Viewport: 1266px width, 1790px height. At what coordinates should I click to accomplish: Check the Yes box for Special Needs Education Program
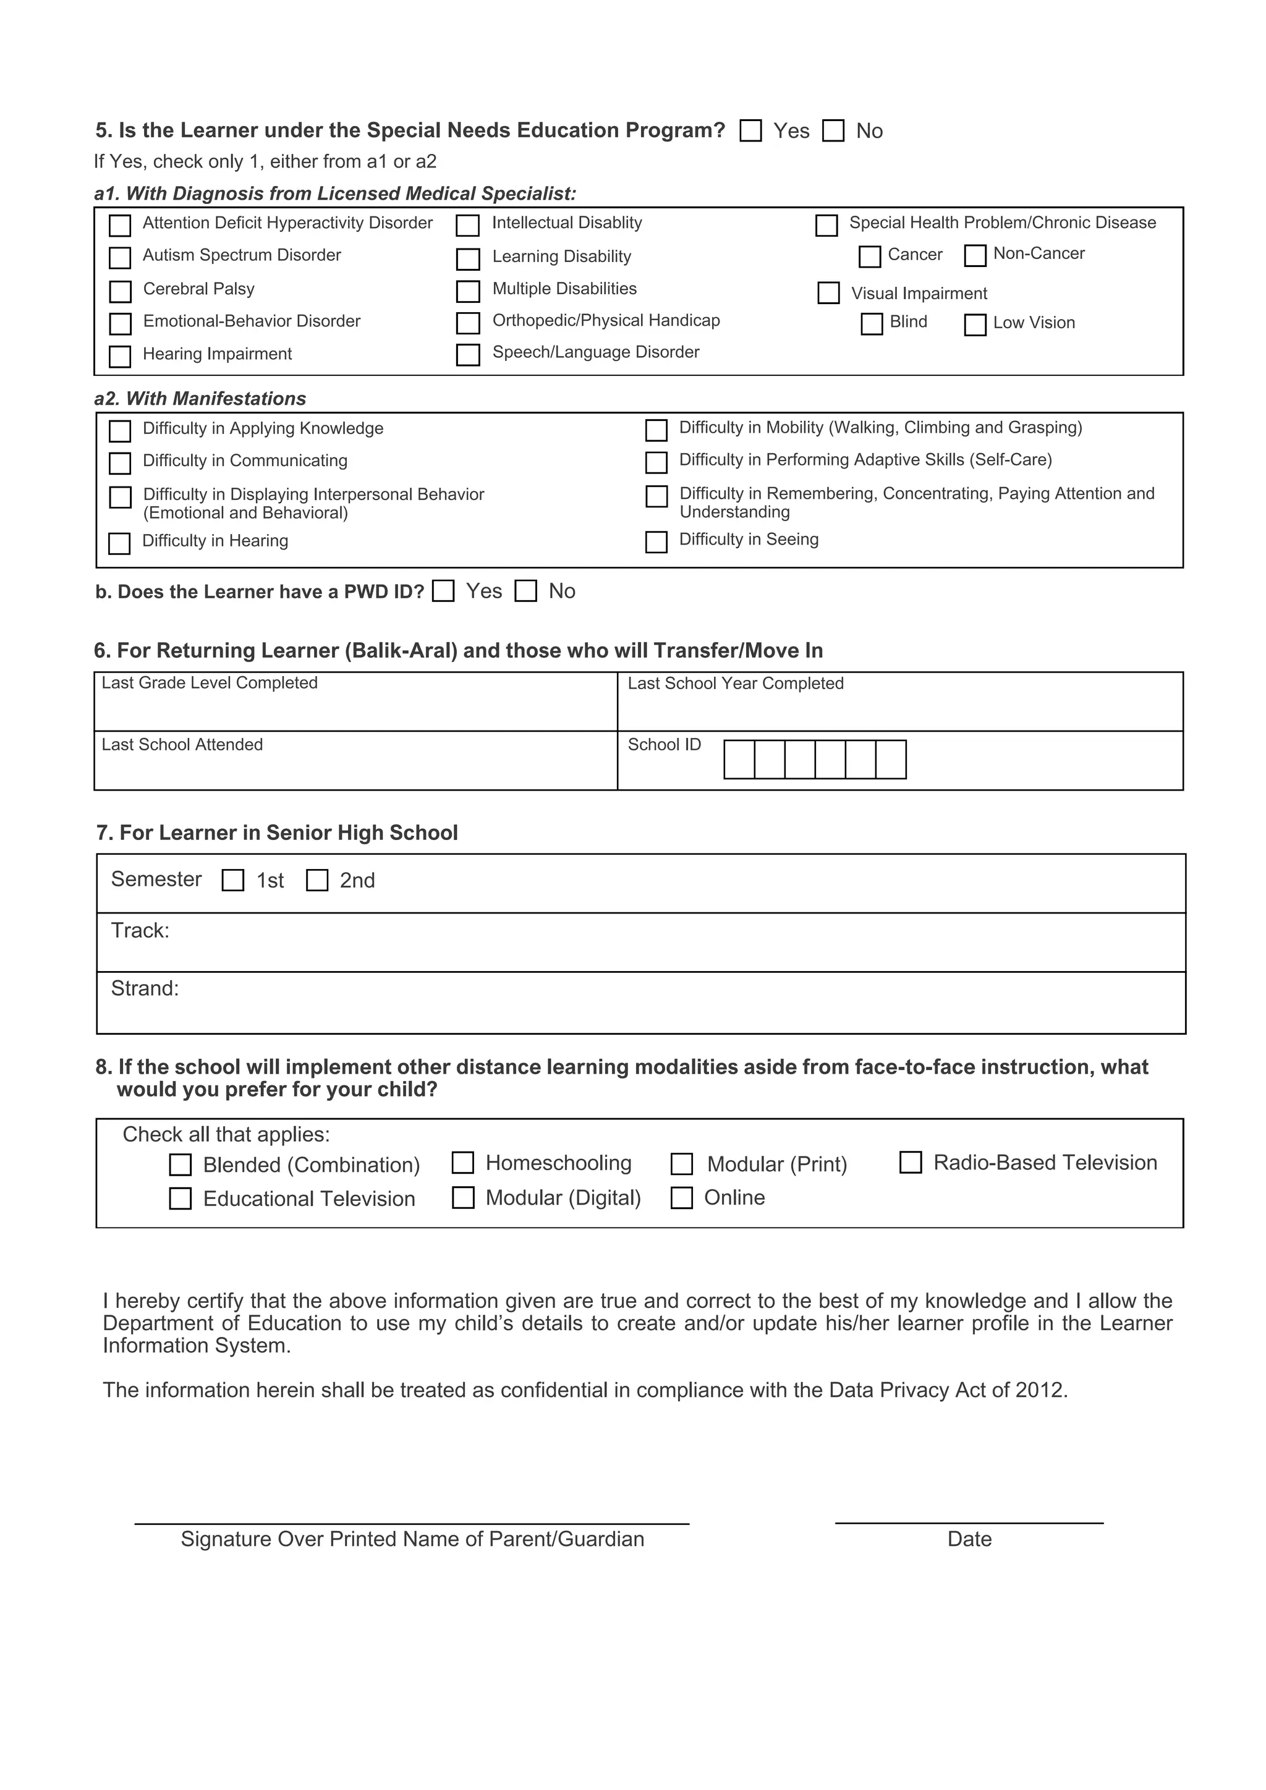(x=750, y=131)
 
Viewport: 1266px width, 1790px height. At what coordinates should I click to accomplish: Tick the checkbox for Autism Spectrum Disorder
(x=120, y=257)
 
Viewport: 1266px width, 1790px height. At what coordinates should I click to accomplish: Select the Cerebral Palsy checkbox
(x=120, y=292)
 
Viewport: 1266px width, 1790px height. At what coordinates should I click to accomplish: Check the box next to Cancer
(x=869, y=257)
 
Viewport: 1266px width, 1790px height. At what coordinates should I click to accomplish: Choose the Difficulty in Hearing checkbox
(x=119, y=543)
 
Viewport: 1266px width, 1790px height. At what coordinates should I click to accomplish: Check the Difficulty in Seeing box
(x=656, y=542)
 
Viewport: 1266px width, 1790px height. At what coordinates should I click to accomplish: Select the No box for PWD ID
(x=526, y=592)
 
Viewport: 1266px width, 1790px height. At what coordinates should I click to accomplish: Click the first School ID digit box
(x=739, y=760)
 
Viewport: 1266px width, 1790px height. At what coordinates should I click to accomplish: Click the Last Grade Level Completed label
(x=210, y=683)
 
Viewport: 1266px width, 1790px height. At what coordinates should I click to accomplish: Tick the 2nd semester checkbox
(x=316, y=880)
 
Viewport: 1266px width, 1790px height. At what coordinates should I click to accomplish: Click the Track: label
(x=140, y=931)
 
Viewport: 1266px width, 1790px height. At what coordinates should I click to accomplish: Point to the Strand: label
(x=145, y=988)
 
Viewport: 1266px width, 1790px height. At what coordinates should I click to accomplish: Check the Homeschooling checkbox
(x=463, y=1163)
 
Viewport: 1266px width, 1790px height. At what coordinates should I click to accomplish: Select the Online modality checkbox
(x=681, y=1197)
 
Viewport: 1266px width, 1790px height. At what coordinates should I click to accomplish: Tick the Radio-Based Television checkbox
(x=911, y=1163)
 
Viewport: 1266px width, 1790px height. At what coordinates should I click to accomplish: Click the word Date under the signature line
(x=969, y=1539)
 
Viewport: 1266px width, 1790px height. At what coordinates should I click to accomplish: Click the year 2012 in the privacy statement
(x=1040, y=1390)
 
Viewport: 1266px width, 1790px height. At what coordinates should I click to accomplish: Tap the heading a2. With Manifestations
(x=200, y=399)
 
